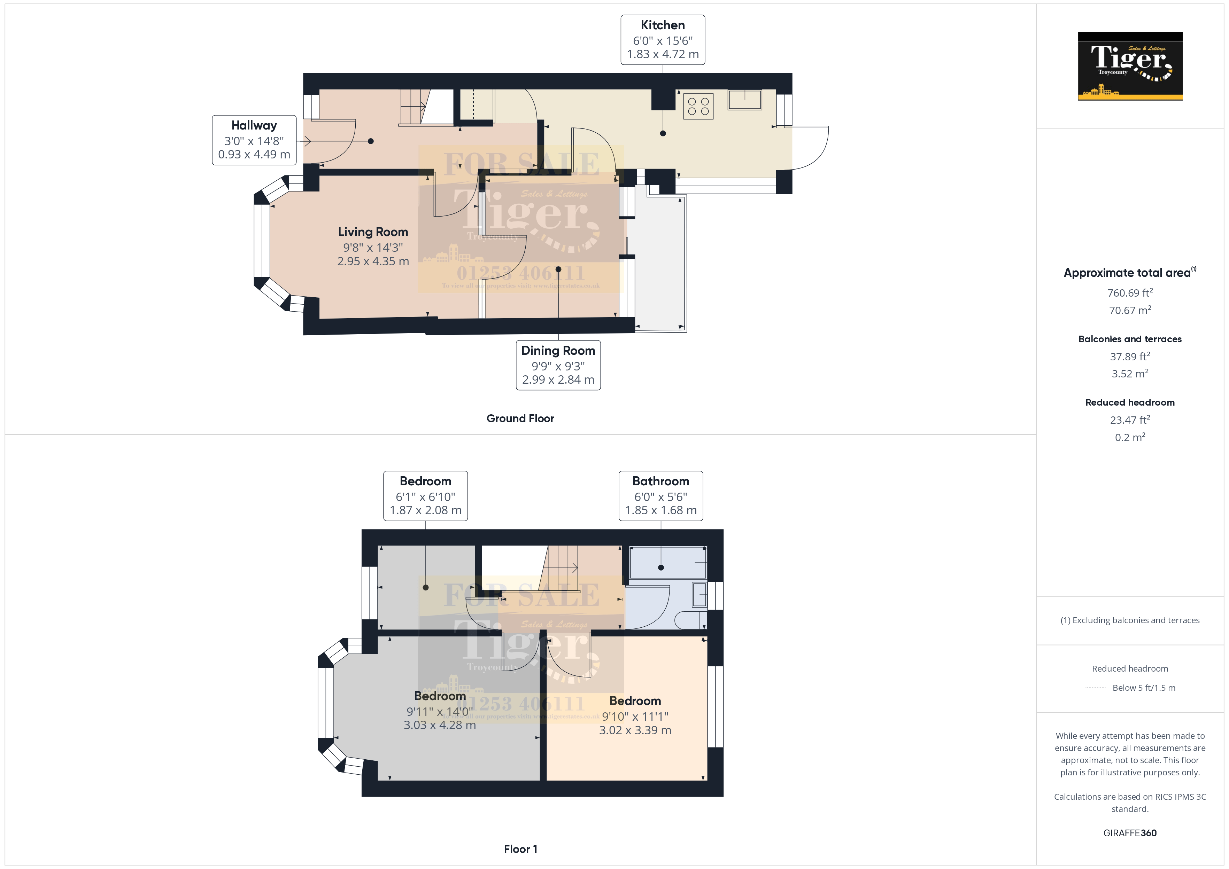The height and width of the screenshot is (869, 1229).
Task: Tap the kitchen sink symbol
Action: [744, 100]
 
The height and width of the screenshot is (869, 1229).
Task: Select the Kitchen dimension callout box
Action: [662, 40]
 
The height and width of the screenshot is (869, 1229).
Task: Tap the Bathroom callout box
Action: [660, 495]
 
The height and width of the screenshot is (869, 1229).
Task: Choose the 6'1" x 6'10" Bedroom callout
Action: [426, 495]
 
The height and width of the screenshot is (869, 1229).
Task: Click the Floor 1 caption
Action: [520, 849]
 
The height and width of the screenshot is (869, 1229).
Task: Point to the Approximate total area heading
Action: [1127, 273]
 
